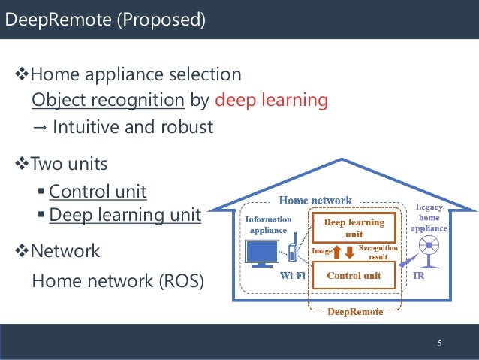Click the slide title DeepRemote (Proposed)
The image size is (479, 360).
pyautogui.click(x=104, y=20)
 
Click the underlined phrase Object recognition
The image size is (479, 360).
pyautogui.click(x=108, y=100)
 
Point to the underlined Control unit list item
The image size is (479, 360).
pyautogui.click(x=98, y=191)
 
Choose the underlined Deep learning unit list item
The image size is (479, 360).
pyautogui.click(x=125, y=216)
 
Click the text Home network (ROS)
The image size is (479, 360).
pyautogui.click(x=117, y=281)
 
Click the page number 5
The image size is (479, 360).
pyautogui.click(x=441, y=343)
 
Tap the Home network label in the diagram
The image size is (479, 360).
pyautogui.click(x=315, y=201)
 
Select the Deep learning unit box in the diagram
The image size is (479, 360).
pyautogui.click(x=354, y=228)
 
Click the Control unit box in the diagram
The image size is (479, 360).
pyautogui.click(x=354, y=276)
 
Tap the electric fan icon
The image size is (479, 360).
pyautogui.click(x=430, y=247)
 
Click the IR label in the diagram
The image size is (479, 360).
pyautogui.click(x=420, y=277)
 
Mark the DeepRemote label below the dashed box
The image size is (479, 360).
pyautogui.click(x=354, y=311)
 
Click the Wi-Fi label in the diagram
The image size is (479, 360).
pyautogui.click(x=292, y=276)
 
